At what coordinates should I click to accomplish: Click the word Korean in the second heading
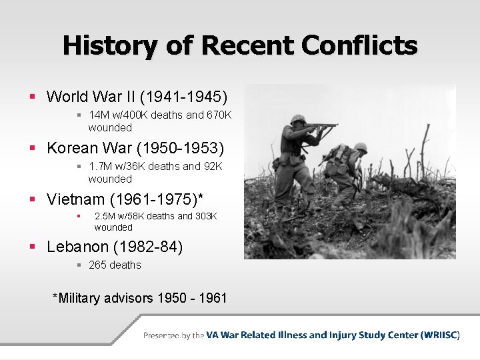75,147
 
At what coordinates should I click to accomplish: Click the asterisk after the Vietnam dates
201,197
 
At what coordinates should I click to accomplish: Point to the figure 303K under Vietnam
205,216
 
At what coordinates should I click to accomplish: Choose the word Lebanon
77,247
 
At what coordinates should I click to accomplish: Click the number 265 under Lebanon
97,265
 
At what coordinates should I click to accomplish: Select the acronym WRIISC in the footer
439,335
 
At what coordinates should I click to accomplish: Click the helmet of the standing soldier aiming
298,119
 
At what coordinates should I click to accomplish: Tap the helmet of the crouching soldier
361,147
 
